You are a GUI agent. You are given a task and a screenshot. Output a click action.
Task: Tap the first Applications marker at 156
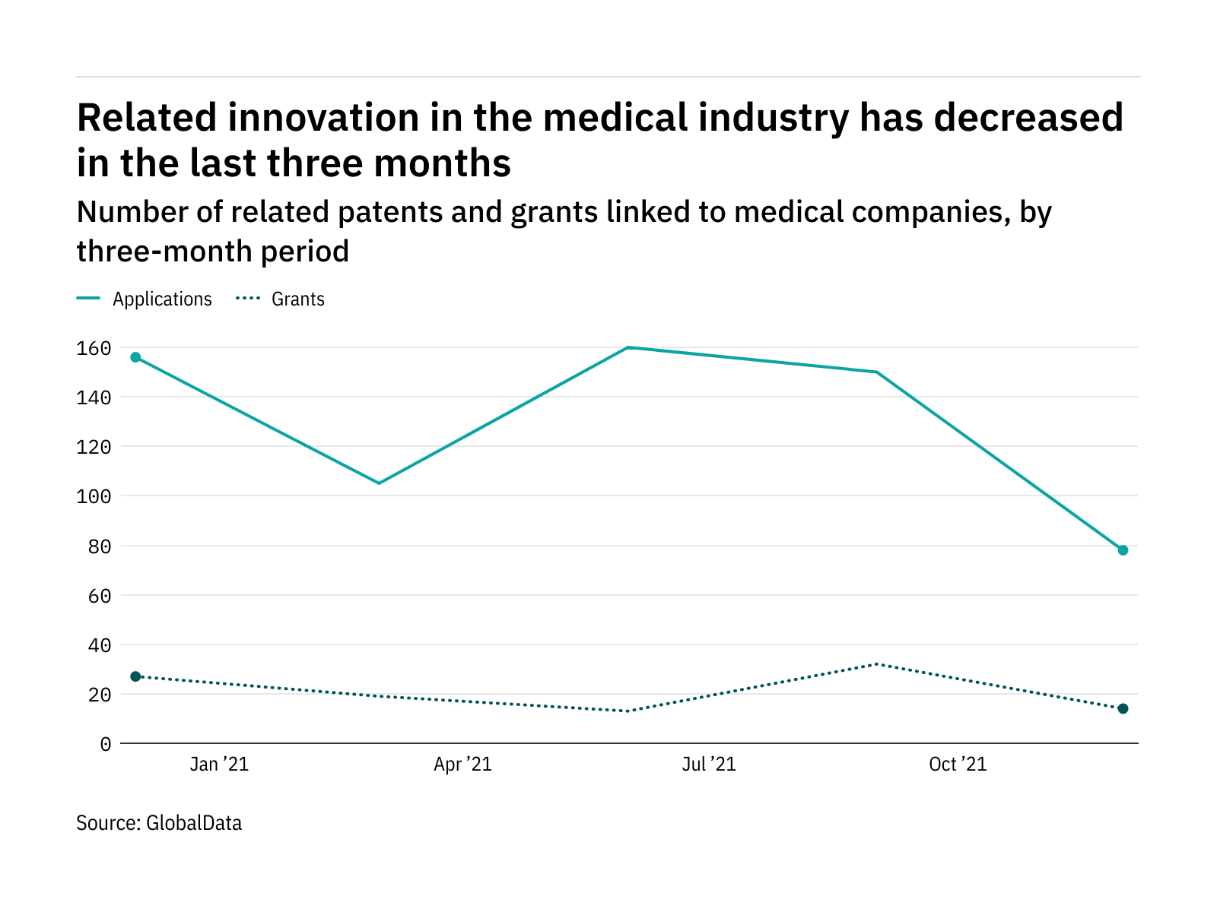[x=135, y=357]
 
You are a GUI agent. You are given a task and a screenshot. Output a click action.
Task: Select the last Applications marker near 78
[x=1123, y=550]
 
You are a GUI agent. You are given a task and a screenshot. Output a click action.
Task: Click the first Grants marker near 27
[x=135, y=676]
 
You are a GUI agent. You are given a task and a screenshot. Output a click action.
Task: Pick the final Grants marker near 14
[x=1123, y=709]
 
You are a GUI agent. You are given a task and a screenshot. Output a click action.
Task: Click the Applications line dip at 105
[x=379, y=483]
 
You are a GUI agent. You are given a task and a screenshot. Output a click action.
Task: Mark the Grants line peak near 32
[x=876, y=664]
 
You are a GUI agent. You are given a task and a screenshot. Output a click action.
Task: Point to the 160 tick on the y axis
[x=94, y=348]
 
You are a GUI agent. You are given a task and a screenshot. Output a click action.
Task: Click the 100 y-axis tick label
[x=94, y=496]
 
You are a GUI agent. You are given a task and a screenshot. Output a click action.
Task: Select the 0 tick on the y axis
[x=105, y=744]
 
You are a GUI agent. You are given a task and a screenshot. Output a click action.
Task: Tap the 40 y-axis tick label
[x=99, y=645]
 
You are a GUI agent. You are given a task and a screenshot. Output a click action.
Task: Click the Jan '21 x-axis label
[x=219, y=765]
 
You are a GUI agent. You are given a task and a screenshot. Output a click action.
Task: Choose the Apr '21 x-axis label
[x=462, y=765]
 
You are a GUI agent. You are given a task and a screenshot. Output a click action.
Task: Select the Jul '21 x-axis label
[x=709, y=765]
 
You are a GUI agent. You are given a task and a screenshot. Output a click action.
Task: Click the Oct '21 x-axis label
[x=958, y=765]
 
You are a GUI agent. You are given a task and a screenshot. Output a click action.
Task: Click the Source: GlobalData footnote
[x=159, y=823]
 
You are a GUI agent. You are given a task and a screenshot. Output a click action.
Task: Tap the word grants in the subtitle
[x=554, y=212]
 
